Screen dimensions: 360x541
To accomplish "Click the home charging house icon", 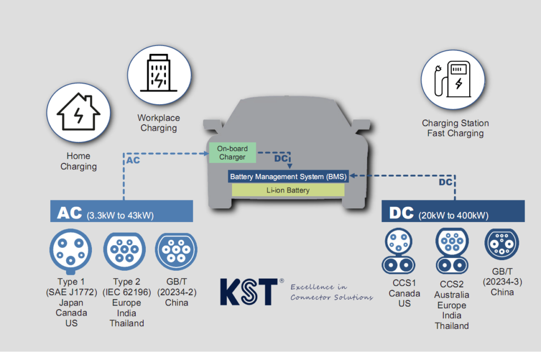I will pyautogui.click(x=78, y=111).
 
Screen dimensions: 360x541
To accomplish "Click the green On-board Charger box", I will pyautogui.click(x=232, y=153).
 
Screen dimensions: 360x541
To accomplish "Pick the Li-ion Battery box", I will pyautogui.click(x=288, y=190).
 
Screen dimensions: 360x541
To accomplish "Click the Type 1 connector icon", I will pyautogui.click(x=71, y=250).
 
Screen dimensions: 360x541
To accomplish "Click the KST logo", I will pyautogui.click(x=248, y=291).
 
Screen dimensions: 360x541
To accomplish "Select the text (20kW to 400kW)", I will pyautogui.click(x=453, y=216).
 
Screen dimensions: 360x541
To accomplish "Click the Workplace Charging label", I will pyautogui.click(x=158, y=123).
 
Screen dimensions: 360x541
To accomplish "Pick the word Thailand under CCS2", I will pyautogui.click(x=452, y=326).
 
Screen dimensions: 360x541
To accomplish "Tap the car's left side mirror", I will pyautogui.click(x=212, y=126).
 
